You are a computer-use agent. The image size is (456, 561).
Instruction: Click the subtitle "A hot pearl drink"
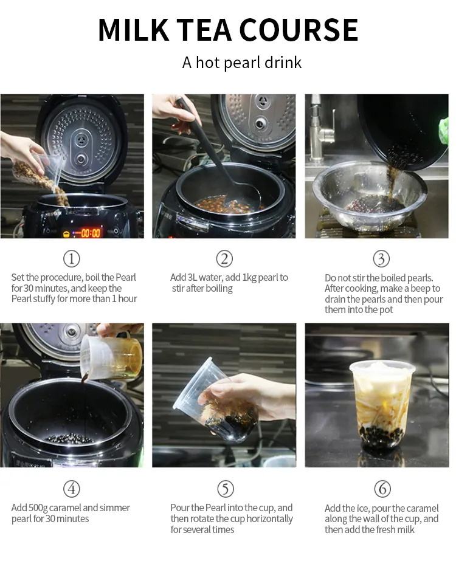click(x=242, y=63)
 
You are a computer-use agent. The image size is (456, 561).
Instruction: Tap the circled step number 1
click(x=72, y=258)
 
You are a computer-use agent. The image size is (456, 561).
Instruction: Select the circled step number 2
click(x=224, y=258)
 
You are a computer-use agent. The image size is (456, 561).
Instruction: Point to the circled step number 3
click(x=381, y=259)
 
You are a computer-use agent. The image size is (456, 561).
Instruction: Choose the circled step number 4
click(x=72, y=489)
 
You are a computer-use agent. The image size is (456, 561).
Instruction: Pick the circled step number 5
click(x=226, y=489)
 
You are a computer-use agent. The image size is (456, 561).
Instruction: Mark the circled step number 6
click(x=382, y=489)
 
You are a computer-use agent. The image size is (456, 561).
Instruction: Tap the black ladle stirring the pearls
click(x=218, y=154)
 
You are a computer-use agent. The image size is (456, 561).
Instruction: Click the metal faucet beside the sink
click(x=320, y=129)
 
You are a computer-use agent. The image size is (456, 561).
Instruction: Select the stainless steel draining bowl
click(x=368, y=195)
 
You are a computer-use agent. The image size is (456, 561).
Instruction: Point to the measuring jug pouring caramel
click(x=111, y=356)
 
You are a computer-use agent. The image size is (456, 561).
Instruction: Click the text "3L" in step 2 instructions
click(x=192, y=278)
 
